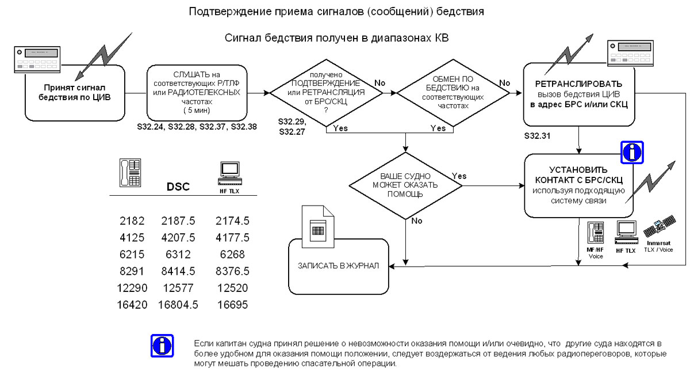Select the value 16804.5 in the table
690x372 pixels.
click(178, 305)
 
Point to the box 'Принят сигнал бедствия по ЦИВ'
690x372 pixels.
click(75, 92)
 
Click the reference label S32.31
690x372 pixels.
click(539, 138)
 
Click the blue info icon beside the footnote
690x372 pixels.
click(162, 346)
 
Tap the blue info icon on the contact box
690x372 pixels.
click(632, 152)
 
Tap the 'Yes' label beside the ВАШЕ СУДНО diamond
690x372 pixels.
click(459, 176)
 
